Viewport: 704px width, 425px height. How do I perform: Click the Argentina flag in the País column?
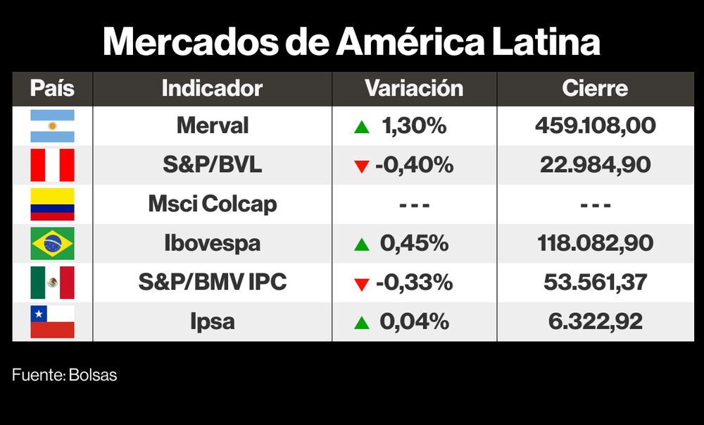tap(52, 126)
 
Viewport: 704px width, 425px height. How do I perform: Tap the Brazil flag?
tap(52, 244)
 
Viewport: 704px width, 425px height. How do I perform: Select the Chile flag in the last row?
tap(52, 322)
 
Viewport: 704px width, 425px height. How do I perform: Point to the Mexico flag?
tap(52, 283)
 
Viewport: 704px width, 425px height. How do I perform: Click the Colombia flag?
tap(52, 204)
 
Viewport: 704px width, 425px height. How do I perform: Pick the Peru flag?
tap(52, 166)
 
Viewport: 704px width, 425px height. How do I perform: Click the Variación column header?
tap(414, 89)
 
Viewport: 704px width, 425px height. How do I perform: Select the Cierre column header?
tap(595, 89)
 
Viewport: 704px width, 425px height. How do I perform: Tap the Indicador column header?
tap(212, 89)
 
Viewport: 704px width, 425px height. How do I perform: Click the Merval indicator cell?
tap(212, 126)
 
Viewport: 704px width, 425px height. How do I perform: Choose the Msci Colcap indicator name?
tap(212, 204)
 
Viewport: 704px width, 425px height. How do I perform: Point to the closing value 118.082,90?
tap(595, 244)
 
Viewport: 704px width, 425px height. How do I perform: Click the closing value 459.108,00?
tap(595, 126)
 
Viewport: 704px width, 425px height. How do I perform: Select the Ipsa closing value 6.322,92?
tap(595, 322)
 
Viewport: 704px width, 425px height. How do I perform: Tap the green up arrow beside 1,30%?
tap(362, 128)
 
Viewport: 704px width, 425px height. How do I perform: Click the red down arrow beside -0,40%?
tap(362, 167)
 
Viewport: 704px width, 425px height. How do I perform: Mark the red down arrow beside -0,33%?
tap(362, 285)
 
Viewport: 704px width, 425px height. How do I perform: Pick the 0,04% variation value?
tap(414, 322)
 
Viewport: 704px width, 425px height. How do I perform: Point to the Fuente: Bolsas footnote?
tap(64, 376)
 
